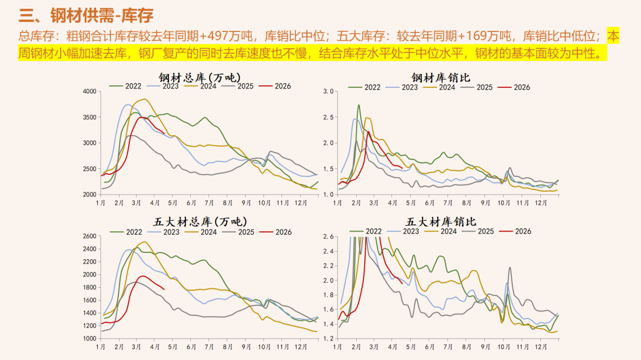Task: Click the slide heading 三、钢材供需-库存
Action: [x=87, y=15]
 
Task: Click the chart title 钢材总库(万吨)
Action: [x=199, y=77]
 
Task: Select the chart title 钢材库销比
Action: [x=441, y=77]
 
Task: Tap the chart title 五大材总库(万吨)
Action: [x=199, y=222]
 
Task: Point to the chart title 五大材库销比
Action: [x=441, y=222]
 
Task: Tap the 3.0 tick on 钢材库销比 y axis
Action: [x=328, y=91]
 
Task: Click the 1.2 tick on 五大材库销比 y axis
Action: [x=328, y=338]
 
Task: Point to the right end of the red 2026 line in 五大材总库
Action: [x=164, y=290]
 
